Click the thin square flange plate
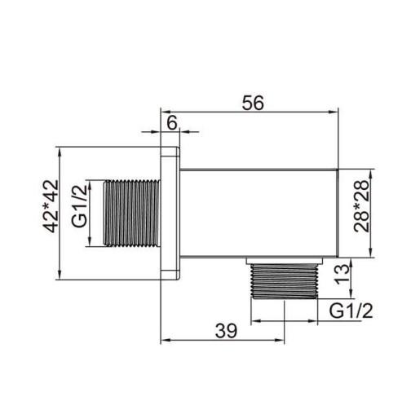[x=170, y=213]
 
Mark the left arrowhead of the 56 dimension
[x=163, y=113]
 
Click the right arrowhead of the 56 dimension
[x=335, y=113]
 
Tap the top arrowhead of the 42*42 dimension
[x=64, y=152]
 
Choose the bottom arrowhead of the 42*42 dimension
[x=64, y=275]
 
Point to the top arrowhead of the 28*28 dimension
[x=372, y=173]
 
